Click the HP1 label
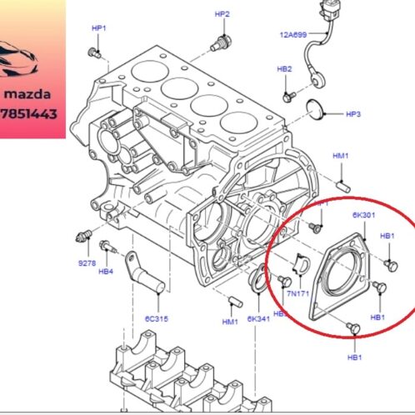coord(98,27)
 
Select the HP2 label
coord(222,14)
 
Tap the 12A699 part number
coord(293,35)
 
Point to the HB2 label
coord(284,68)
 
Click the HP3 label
coord(352,112)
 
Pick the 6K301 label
coord(362,214)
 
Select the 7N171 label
coord(297,294)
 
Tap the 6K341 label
coord(259,319)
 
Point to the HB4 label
coord(105,270)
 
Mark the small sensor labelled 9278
coord(82,232)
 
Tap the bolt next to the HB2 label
coord(287,97)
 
